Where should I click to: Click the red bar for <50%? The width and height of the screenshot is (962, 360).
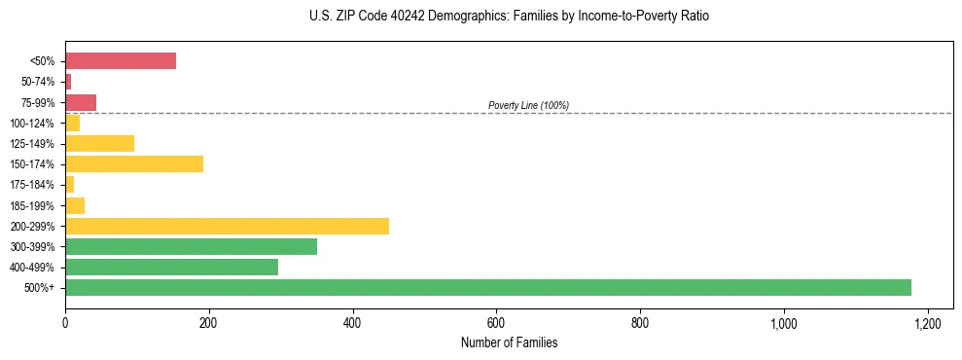[120, 61]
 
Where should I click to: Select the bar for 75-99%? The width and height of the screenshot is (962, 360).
[81, 102]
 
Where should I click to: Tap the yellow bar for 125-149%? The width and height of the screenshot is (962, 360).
[99, 143]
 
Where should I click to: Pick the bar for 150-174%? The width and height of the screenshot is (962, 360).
[134, 163]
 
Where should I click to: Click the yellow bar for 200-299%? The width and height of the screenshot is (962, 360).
[227, 226]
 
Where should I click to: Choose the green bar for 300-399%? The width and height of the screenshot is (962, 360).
[191, 246]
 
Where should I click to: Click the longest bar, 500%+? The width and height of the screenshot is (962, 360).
[487, 287]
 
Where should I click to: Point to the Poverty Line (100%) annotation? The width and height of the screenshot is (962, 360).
[528, 105]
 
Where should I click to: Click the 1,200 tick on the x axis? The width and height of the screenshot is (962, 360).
[927, 322]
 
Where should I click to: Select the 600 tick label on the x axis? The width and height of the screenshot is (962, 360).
[496, 322]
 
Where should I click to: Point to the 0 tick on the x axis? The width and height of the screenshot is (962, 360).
[65, 322]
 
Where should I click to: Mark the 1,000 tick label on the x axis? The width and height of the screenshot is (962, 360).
[783, 322]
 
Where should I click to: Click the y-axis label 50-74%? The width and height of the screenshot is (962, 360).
[39, 82]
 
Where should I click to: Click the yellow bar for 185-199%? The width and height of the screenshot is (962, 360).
[75, 205]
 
